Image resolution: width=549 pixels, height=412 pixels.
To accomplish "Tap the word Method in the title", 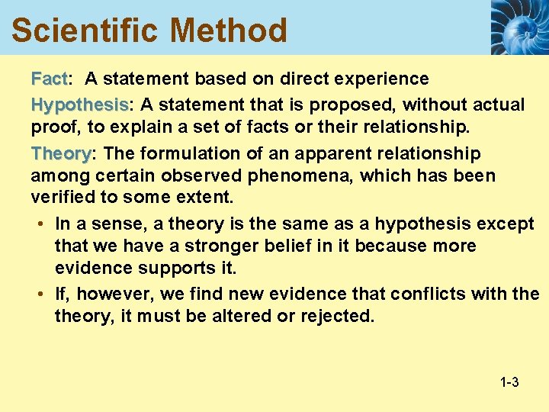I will coord(228,31).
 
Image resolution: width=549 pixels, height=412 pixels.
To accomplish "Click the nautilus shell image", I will coord(518,27).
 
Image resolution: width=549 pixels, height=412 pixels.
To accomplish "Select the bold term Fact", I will coord(49,79).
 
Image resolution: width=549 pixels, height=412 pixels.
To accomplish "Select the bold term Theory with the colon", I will coord(62,154).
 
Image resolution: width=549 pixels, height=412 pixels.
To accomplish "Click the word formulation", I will coord(201,154).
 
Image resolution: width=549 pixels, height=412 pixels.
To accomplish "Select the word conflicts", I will coord(430,294).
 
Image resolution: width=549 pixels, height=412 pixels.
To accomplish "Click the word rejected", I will coord(336,315).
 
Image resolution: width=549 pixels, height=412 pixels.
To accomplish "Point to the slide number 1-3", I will coord(509,381).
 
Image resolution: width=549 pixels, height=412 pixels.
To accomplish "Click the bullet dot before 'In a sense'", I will coord(38,224).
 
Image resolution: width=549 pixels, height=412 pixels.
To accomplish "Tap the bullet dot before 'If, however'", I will coord(38,294).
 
